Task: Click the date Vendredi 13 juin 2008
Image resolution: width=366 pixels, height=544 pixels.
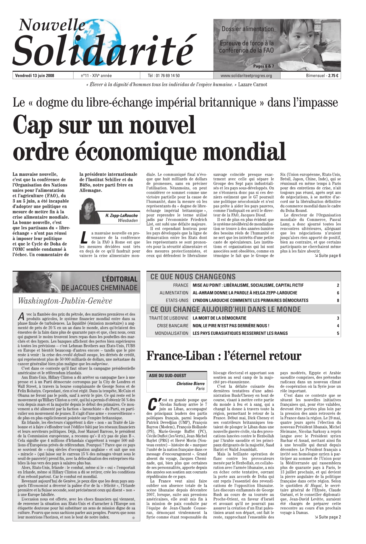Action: (35, 76)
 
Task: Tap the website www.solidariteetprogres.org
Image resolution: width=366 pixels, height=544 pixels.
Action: (246, 76)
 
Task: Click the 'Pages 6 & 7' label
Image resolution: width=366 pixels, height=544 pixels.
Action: (263, 66)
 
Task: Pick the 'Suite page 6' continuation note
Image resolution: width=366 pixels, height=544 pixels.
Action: (327, 256)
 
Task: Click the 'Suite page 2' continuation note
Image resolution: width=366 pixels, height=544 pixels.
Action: (327, 517)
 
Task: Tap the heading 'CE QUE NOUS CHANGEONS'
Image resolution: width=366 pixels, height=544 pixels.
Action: (193, 277)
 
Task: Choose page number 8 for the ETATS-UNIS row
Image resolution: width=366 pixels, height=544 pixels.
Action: (338, 300)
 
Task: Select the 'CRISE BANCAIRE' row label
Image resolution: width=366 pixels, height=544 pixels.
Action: (173, 326)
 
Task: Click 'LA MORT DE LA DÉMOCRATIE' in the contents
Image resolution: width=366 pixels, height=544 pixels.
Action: (219, 318)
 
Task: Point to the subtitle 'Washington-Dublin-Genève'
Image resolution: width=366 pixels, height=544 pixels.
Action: (65, 301)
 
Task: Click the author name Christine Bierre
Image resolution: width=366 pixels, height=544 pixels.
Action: (190, 383)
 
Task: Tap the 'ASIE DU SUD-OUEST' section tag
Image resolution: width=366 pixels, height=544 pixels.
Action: (168, 375)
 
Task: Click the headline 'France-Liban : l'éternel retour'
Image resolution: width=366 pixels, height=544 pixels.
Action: (224, 356)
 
